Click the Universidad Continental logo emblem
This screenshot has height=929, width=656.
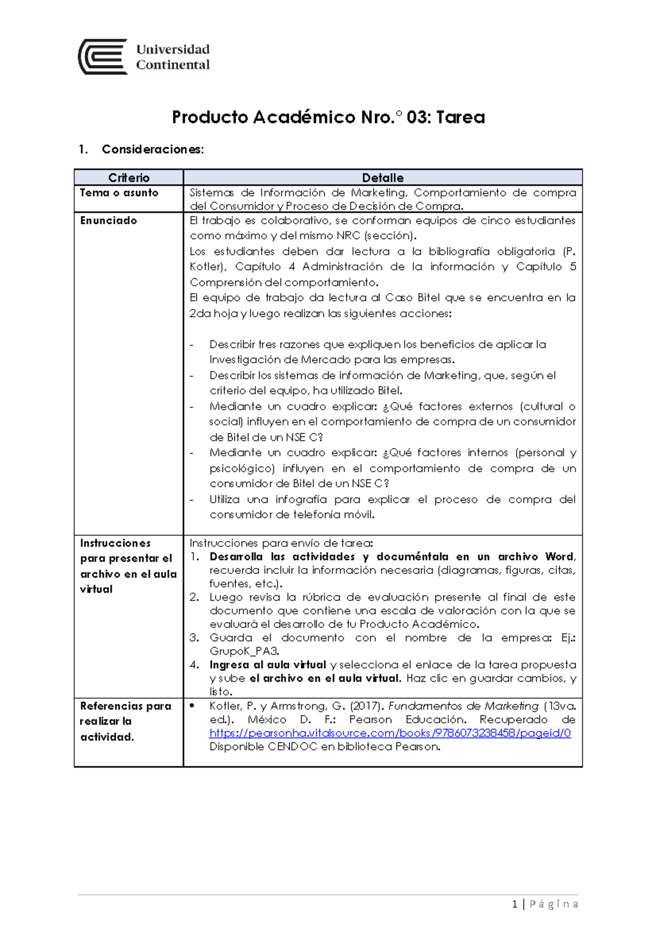pos(103,57)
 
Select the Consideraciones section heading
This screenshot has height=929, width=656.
pos(153,149)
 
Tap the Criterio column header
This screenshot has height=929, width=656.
pos(128,178)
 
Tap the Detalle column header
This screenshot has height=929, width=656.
pos(383,178)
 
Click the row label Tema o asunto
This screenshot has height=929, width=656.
pos(119,193)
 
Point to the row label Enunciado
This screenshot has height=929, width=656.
pos(108,220)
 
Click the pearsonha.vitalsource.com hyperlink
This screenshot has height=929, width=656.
pos(390,733)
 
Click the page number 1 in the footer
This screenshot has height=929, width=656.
pos(514,904)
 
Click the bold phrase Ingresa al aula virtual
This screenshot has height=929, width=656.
pos(267,665)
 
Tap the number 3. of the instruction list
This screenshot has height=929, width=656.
pos(195,638)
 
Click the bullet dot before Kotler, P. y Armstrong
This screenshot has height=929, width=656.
pos(192,706)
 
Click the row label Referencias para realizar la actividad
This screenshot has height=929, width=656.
pos(125,721)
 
